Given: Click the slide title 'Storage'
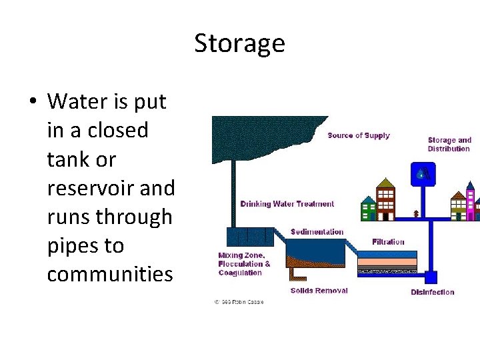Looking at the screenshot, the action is tap(239, 43).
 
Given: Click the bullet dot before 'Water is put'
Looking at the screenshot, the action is tap(31, 102).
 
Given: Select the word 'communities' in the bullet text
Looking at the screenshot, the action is tap(109, 274).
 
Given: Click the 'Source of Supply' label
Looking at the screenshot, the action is tap(359, 135).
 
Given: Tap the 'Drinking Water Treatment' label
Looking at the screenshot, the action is tap(287, 204).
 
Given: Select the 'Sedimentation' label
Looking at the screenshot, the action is tap(317, 232).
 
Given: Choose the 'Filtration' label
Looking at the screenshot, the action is tap(388, 242).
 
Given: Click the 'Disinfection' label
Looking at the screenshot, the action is tap(432, 292).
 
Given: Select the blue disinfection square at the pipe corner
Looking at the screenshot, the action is tap(431, 277).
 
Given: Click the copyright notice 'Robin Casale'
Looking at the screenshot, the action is tap(239, 302).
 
